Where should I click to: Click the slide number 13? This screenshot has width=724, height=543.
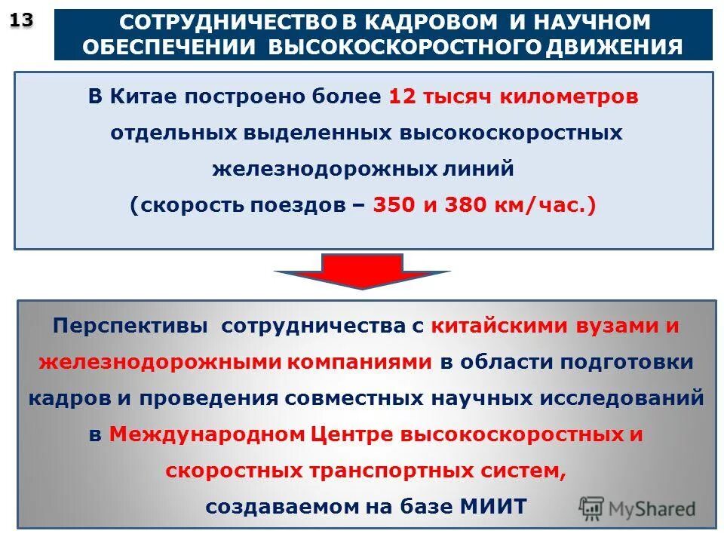tap(22, 21)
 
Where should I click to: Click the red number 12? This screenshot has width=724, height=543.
tap(402, 97)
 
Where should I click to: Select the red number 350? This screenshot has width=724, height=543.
tap(394, 206)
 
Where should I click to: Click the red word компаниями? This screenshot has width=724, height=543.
tap(360, 362)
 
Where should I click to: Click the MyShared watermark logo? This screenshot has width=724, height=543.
tap(637, 508)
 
